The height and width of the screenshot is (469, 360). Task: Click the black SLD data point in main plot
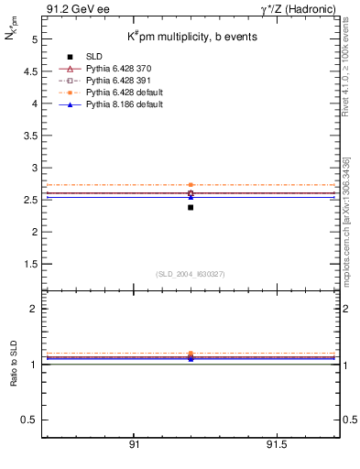(x=191, y=207)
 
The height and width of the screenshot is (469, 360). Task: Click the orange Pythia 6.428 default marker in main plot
(x=191, y=185)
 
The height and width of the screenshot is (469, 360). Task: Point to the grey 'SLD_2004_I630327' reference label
(x=191, y=274)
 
